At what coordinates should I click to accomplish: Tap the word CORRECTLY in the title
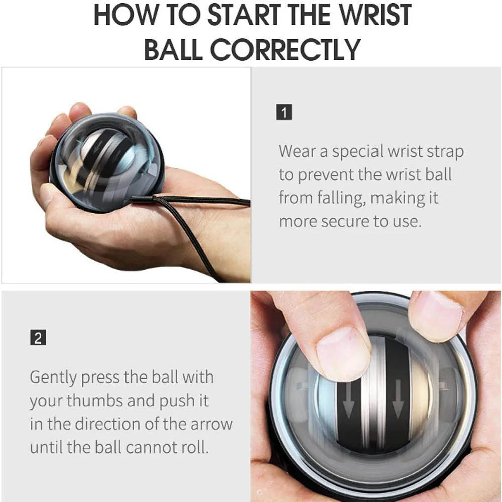[285, 49]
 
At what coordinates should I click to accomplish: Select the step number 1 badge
[284, 113]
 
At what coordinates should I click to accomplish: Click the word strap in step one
[441, 151]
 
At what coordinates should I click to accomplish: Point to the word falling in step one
[336, 198]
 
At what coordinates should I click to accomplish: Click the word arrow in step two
[211, 424]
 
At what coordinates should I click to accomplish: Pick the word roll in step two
[193, 447]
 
